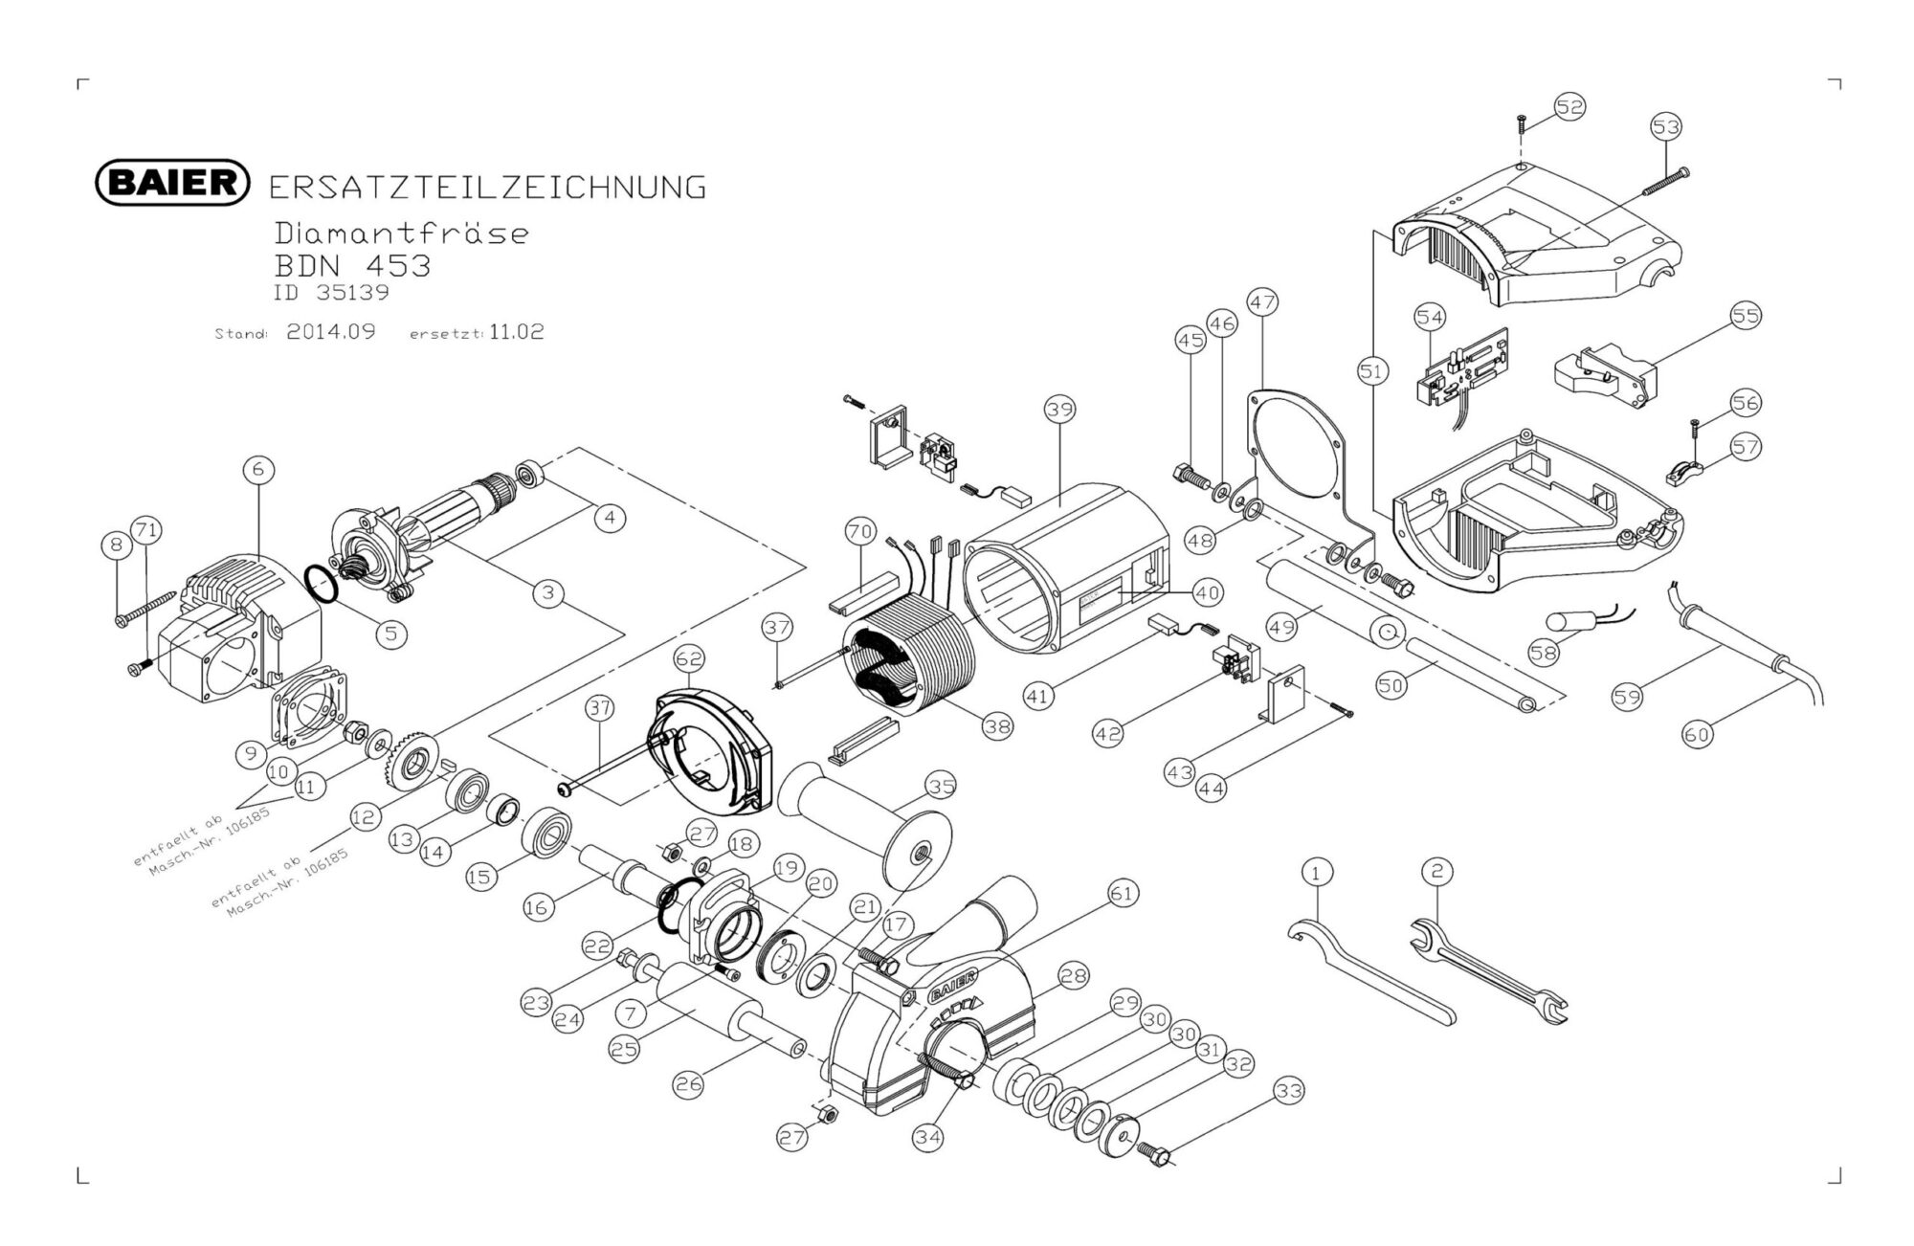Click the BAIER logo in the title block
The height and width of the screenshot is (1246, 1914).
[x=173, y=182]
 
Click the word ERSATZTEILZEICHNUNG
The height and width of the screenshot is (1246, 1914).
[x=487, y=188]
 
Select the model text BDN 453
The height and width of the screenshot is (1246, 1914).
[x=352, y=265]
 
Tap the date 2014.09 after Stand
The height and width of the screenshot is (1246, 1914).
[x=331, y=332]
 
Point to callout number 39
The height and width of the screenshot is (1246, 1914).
[x=1059, y=410]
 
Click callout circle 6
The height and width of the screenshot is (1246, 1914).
[x=258, y=469]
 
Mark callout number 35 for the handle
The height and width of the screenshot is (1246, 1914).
[x=941, y=787]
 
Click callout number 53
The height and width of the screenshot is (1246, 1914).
[x=1666, y=126]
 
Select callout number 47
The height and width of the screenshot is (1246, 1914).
[x=1262, y=302]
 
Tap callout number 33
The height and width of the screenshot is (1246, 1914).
[x=1289, y=1091]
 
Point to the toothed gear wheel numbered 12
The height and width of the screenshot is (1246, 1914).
[x=414, y=764]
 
